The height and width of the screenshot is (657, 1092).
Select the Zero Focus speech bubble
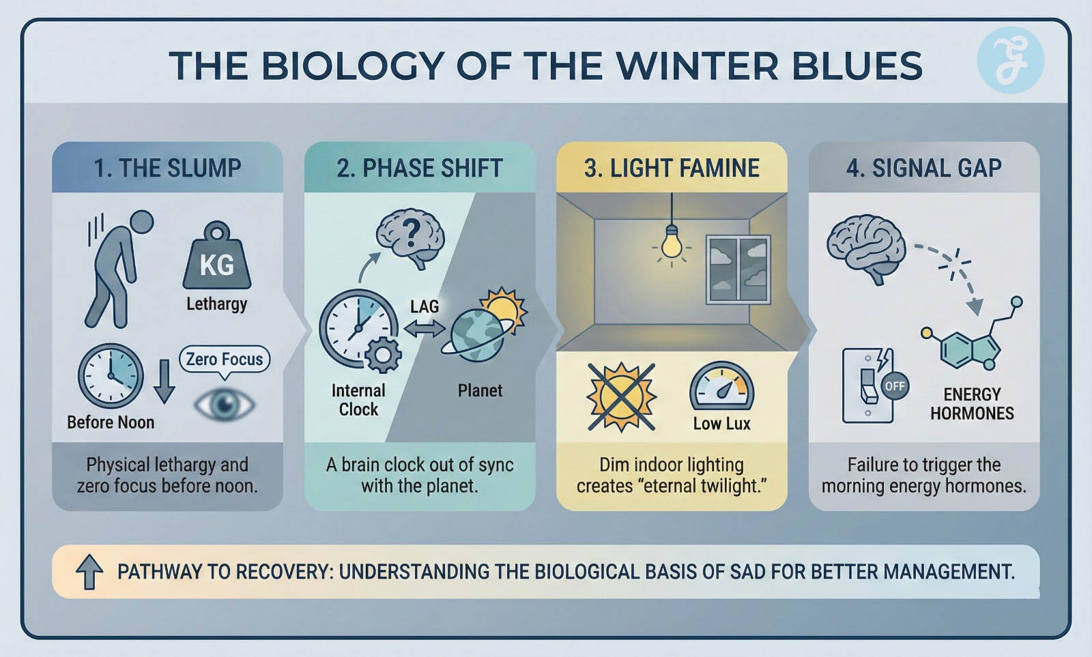(225, 361)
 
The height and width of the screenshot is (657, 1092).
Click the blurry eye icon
(225, 404)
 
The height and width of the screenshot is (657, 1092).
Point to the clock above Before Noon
(111, 376)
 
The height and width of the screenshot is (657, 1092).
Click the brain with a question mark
(410, 238)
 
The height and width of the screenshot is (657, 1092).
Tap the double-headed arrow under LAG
(424, 329)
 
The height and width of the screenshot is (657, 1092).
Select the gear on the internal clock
(383, 355)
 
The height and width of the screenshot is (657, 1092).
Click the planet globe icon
(477, 336)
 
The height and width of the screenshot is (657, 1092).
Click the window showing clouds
(738, 269)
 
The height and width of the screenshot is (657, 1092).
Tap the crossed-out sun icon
(621, 398)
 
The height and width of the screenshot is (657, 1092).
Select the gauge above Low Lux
(721, 385)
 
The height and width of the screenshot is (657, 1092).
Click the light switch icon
(867, 385)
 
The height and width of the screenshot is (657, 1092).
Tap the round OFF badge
(895, 387)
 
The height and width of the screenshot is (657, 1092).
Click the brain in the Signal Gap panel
(866, 248)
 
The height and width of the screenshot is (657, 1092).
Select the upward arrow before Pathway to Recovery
(89, 572)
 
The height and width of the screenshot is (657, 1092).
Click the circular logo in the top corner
(1011, 60)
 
